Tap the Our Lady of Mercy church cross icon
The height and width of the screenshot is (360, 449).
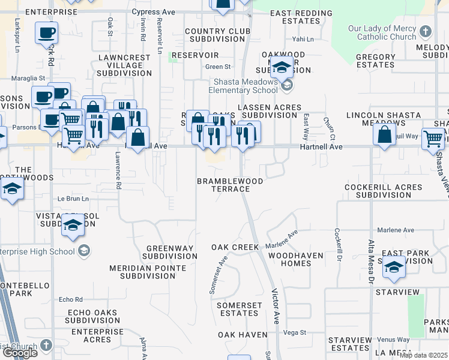(x=426, y=31)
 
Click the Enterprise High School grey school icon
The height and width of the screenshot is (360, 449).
(x=85, y=250)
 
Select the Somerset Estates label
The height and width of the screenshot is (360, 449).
(x=239, y=309)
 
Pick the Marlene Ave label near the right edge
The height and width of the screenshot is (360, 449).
(x=396, y=230)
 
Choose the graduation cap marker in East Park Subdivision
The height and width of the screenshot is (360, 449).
(x=394, y=267)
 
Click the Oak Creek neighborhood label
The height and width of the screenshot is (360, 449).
(x=235, y=247)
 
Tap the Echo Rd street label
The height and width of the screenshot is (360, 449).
(x=70, y=299)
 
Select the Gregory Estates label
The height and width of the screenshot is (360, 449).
(x=376, y=61)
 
